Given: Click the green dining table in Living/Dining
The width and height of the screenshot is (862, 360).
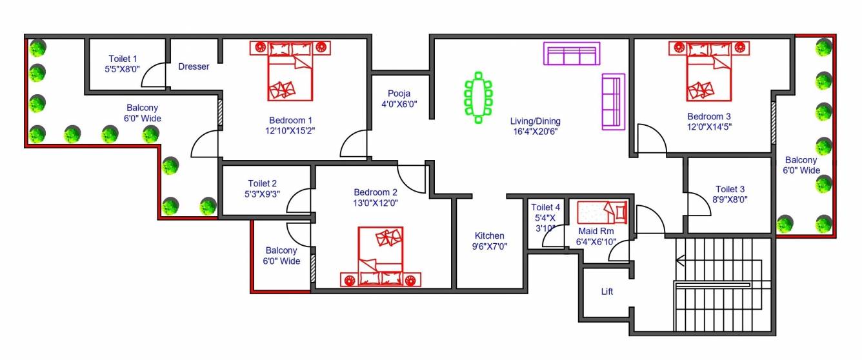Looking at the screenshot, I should point(478,97).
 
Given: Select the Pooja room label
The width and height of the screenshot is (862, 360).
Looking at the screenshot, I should point(399,94).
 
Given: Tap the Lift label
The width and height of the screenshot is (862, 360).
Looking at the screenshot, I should point(607,292).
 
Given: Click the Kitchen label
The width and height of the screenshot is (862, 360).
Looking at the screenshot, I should point(489,235).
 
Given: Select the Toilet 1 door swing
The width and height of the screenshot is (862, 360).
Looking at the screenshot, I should point(153,77).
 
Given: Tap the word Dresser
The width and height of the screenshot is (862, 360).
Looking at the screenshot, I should point(194,66).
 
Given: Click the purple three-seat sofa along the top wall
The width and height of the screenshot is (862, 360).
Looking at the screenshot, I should point(571,54).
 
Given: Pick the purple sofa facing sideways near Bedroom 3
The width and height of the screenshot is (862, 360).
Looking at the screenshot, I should point(613,101).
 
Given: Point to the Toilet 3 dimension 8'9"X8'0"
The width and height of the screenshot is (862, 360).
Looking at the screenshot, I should point(730,200).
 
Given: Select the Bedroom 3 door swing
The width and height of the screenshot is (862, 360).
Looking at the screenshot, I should point(650,140).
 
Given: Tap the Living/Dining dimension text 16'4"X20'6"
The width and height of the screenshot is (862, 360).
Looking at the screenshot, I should point(535,132).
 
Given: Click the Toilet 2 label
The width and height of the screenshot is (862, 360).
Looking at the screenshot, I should point(263,183).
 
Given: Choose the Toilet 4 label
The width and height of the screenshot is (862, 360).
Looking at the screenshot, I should point(545,207).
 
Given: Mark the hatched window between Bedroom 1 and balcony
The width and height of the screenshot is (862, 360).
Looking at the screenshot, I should point(220,112).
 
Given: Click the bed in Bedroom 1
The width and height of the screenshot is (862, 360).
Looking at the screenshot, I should point(290,72).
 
